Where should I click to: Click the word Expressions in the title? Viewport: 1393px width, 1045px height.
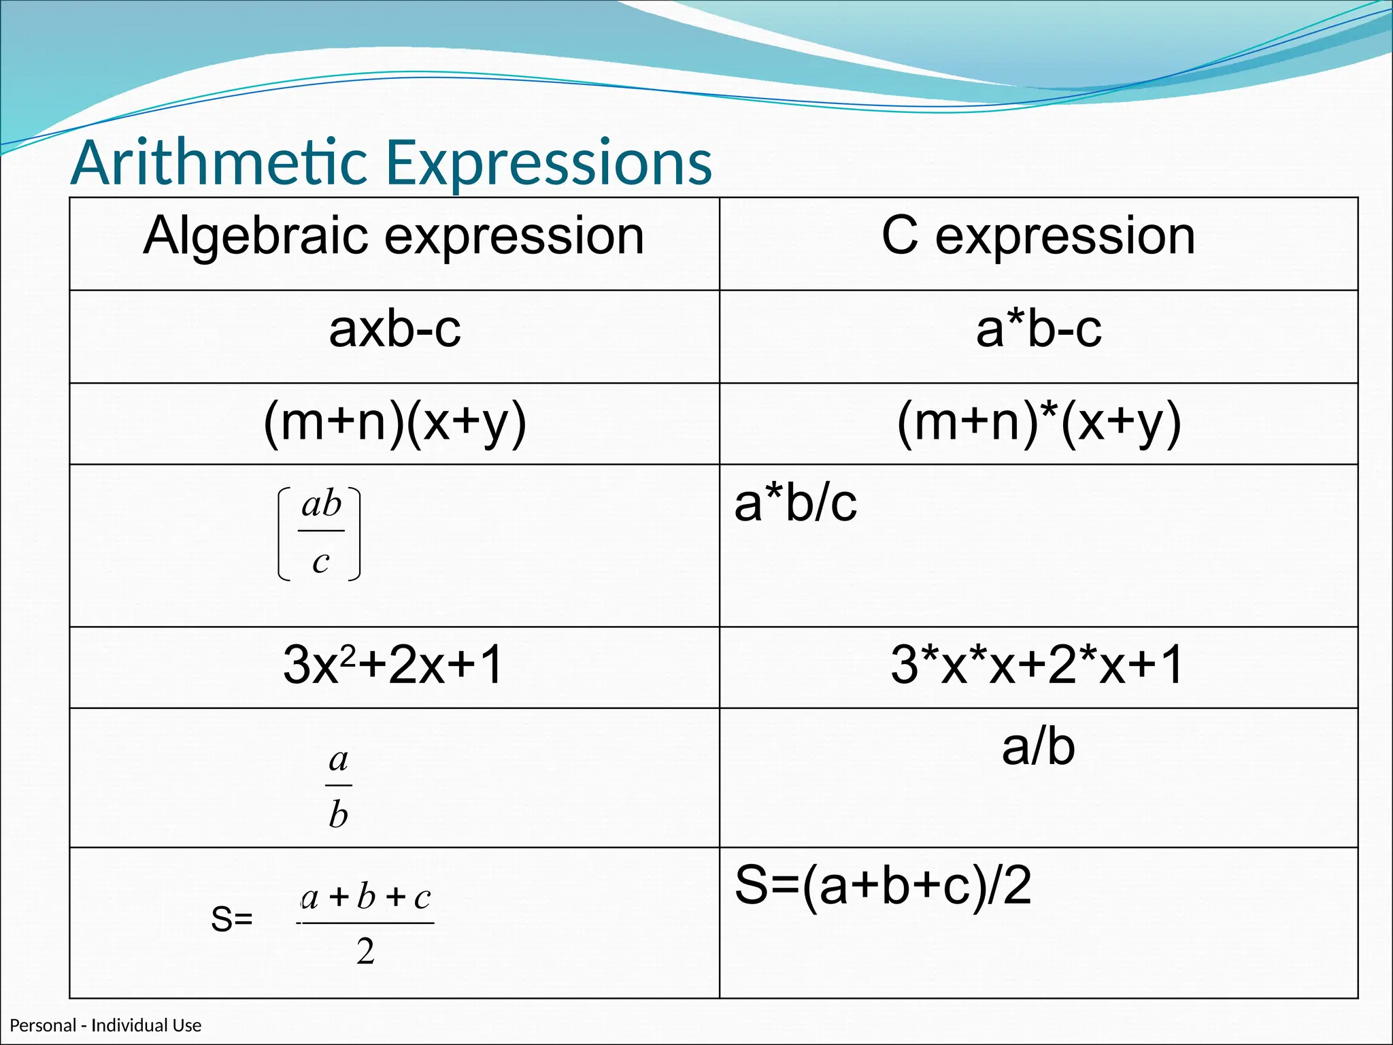pos(549,163)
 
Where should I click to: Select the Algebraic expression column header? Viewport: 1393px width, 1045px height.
pos(394,236)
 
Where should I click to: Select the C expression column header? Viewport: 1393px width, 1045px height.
pos(1038,236)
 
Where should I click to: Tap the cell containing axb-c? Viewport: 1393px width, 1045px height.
pos(395,330)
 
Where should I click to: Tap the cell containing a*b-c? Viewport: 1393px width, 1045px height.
pos(1038,330)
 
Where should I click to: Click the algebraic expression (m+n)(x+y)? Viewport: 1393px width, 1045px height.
pos(395,422)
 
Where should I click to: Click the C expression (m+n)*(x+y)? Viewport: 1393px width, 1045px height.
pos(1038,422)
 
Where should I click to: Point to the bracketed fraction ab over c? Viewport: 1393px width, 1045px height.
pos(320,533)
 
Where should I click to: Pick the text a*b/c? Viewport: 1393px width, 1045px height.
pos(795,504)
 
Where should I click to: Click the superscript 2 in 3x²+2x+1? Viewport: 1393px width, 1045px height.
pos(348,654)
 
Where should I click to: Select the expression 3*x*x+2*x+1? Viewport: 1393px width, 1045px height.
pos(1037,665)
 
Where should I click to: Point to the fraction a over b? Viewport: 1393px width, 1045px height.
pos(338,786)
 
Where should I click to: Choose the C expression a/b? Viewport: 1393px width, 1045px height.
pos(1038,748)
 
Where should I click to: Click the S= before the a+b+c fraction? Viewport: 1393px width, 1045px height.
pos(231,919)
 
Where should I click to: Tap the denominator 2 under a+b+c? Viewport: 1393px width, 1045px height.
pos(365,951)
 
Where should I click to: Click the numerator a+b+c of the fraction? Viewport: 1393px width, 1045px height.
pos(365,898)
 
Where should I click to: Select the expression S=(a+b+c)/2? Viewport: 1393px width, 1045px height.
pos(882,886)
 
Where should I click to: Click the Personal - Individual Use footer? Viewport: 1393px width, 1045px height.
pos(105,1025)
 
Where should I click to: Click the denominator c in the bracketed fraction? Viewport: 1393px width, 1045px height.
pos(320,562)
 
